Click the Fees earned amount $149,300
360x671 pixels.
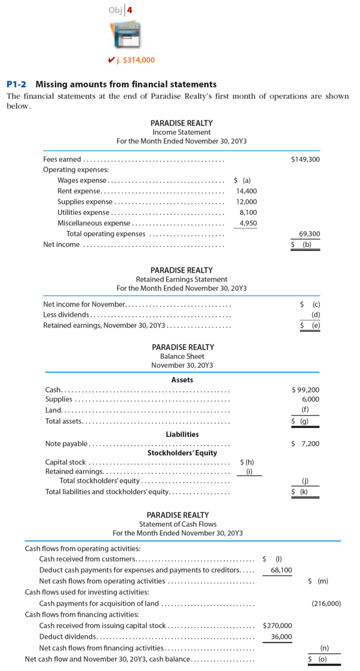305,159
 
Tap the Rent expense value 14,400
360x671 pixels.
246,191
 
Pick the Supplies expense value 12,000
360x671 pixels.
246,202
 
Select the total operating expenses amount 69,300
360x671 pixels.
310,234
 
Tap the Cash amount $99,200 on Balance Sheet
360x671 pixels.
305,390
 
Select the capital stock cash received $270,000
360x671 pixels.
277,625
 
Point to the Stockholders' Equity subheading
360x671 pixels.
182,453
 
